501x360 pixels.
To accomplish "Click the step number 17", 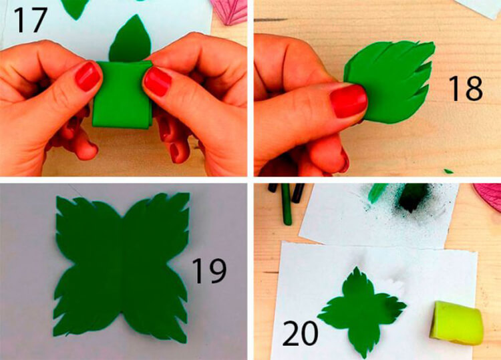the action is coord(30,20).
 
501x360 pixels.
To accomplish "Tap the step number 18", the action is coord(465,88).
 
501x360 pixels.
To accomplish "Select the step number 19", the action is coord(209,271).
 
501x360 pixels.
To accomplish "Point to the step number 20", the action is coord(300,333).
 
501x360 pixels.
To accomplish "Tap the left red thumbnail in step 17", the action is coord(88,76).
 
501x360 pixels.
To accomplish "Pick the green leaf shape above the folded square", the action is coord(130,39).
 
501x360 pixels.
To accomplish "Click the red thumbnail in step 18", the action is coord(348,102).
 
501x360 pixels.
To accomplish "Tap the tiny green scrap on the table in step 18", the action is coord(448,171).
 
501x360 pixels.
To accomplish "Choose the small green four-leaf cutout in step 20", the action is coord(361,311).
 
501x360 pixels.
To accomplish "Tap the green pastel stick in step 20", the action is coord(287,204).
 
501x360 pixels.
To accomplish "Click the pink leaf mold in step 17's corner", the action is coord(228,11).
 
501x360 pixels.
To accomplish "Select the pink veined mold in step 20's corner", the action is coord(488,196).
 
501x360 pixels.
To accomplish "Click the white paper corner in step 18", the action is coord(478,7).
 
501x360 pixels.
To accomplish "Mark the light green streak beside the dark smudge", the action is coord(377,192).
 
